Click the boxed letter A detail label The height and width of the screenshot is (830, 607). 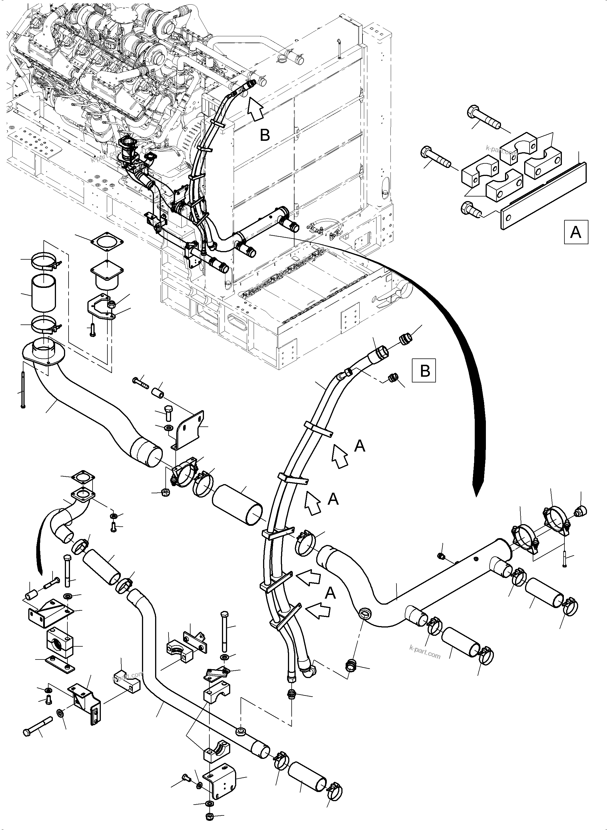tap(576, 232)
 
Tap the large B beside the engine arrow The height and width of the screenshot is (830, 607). tap(265, 135)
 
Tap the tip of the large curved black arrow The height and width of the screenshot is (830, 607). tap(476, 494)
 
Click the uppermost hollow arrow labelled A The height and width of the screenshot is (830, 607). tap(340, 456)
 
